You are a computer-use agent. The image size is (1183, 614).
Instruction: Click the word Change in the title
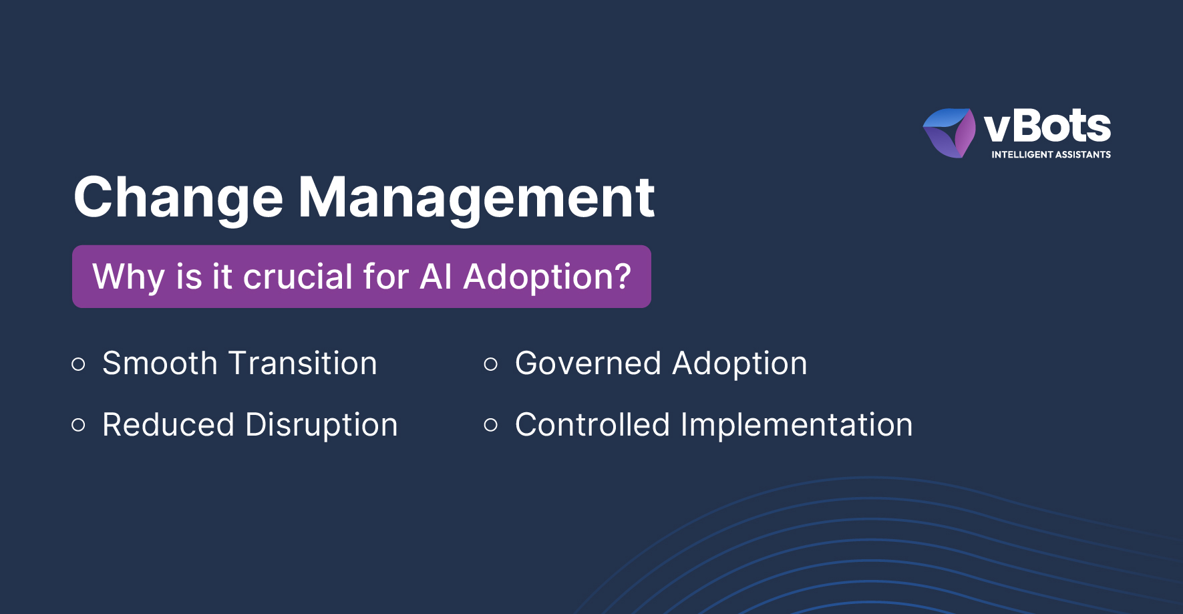pyautogui.click(x=178, y=198)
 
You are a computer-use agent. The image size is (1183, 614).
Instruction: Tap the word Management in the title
pyautogui.click(x=476, y=197)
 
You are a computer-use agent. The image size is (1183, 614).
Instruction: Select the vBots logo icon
pyautogui.click(x=949, y=133)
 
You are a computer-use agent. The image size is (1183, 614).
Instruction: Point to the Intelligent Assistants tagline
pyautogui.click(x=1051, y=154)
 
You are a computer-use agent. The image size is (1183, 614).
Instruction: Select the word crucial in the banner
pyautogui.click(x=298, y=277)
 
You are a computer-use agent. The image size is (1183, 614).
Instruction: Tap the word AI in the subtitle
pyautogui.click(x=436, y=277)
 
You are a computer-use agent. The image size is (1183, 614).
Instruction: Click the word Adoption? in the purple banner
pyautogui.click(x=547, y=277)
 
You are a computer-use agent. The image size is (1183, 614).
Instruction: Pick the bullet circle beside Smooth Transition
pyautogui.click(x=79, y=364)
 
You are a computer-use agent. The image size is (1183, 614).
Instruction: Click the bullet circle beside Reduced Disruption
pyautogui.click(x=79, y=425)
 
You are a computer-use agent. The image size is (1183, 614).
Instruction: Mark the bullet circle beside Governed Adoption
pyautogui.click(x=491, y=364)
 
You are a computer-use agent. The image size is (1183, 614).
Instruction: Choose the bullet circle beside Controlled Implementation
pyautogui.click(x=491, y=425)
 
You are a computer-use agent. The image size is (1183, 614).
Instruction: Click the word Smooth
pyautogui.click(x=160, y=363)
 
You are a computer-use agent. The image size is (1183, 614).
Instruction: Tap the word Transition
pyautogui.click(x=303, y=363)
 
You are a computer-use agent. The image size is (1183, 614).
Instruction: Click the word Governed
pyautogui.click(x=588, y=363)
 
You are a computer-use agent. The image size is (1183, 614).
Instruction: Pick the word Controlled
pyautogui.click(x=593, y=425)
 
